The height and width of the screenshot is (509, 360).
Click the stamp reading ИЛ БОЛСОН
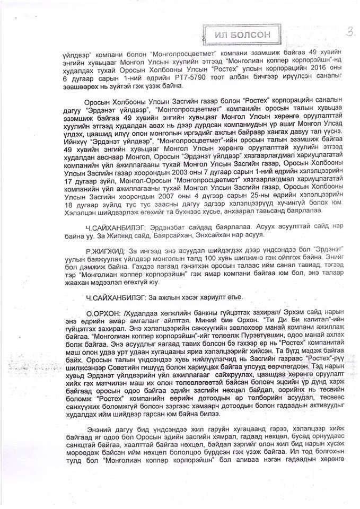[x=243, y=34]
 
